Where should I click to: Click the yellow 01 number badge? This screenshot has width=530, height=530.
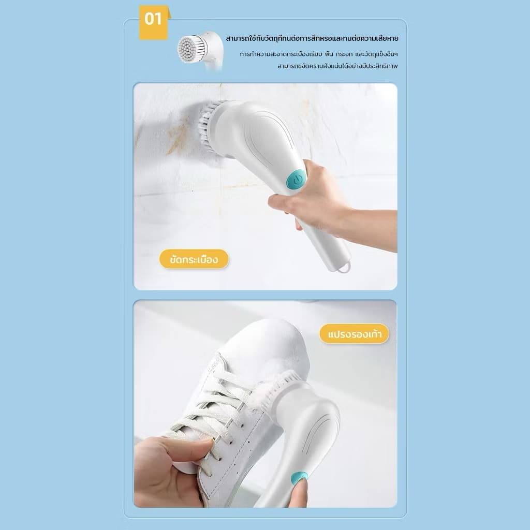click(x=154, y=22)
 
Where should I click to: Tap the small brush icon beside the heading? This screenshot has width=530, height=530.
click(x=201, y=51)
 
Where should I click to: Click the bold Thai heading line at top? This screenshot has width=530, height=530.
click(x=312, y=38)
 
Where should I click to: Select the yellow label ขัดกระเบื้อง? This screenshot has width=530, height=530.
click(x=194, y=259)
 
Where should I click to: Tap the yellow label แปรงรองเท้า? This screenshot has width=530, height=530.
click(x=354, y=334)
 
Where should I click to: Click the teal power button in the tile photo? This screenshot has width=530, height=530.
click(x=296, y=180)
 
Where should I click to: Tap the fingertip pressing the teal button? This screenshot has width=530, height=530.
click(x=299, y=487)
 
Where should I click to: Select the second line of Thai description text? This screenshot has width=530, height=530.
click(x=319, y=54)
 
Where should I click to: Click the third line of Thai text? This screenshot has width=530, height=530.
click(x=337, y=66)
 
